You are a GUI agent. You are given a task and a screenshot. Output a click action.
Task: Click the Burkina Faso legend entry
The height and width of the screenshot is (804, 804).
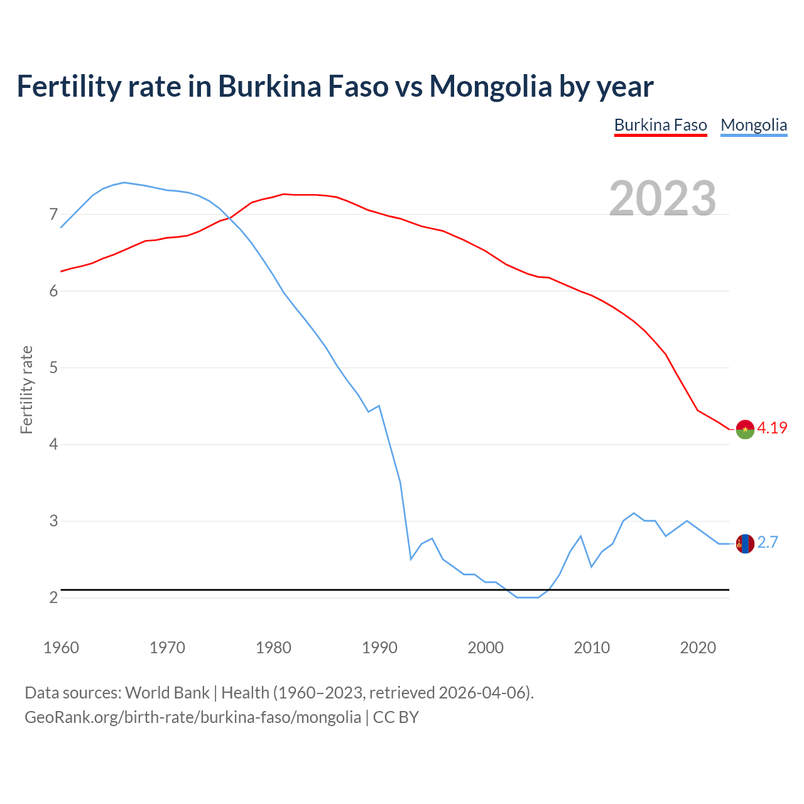(660, 125)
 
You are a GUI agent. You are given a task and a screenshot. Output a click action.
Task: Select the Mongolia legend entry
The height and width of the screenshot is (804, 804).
(754, 125)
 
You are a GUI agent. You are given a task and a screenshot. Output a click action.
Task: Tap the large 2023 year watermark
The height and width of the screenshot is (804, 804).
(663, 198)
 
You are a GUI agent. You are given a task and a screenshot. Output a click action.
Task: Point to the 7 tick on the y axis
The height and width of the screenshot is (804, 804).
(53, 215)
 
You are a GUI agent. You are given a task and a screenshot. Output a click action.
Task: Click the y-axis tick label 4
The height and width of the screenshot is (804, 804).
(53, 445)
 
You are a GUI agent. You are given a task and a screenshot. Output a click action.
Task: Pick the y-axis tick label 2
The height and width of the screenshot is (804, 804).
(53, 597)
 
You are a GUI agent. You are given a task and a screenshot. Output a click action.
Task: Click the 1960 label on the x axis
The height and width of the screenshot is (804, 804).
(61, 648)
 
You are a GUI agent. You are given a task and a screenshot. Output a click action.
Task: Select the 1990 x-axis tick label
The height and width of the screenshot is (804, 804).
(379, 648)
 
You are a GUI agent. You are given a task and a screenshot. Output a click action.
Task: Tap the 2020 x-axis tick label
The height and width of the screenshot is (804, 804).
(698, 648)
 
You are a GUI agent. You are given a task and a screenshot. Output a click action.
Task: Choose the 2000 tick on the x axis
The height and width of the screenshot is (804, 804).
(486, 648)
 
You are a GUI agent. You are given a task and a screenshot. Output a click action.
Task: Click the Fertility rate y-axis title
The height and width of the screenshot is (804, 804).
(26, 389)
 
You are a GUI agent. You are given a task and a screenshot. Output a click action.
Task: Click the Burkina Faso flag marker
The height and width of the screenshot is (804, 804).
(745, 430)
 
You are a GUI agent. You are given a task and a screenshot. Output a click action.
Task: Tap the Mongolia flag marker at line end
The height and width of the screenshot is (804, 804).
(745, 543)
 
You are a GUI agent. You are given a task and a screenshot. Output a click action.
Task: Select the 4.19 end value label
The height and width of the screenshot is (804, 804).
(772, 428)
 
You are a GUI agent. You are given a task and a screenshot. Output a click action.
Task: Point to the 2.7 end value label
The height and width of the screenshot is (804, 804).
(768, 543)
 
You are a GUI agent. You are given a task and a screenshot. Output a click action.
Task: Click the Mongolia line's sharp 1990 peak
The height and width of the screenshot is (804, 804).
(379, 406)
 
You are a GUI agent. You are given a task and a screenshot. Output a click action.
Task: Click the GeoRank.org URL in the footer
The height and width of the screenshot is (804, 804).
(193, 717)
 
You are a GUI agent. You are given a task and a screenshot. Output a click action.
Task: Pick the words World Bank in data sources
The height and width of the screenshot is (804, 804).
(167, 693)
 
